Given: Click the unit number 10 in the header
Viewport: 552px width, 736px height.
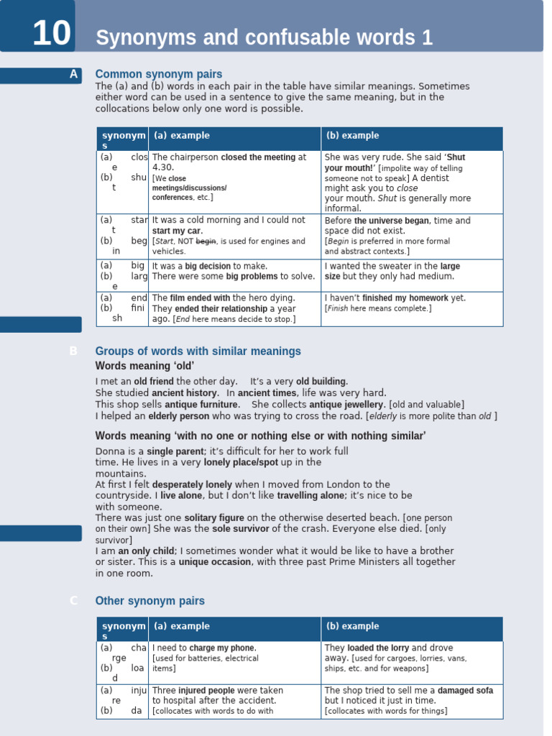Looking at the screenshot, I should [52, 34].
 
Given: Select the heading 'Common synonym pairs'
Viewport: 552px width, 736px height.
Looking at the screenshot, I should [159, 74].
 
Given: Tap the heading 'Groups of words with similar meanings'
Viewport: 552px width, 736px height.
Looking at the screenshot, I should [198, 351].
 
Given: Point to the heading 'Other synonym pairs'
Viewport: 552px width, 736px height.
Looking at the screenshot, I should [149, 601].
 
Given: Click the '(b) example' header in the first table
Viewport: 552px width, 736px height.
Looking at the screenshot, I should [352, 136].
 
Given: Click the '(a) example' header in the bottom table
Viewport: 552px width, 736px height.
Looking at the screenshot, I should [181, 627].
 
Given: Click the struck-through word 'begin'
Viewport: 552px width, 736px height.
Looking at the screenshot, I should [206, 241].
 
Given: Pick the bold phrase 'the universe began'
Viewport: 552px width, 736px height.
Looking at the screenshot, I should [392, 221].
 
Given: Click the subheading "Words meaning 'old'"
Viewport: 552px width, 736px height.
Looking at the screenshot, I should [134, 366].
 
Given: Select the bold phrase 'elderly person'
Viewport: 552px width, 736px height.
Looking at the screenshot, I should [179, 416].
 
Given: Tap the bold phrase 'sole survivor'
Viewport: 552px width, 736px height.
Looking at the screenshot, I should [241, 529].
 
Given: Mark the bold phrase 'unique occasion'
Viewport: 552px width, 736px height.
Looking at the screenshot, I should [215, 562].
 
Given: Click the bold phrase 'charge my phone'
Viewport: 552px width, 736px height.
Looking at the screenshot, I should [222, 648].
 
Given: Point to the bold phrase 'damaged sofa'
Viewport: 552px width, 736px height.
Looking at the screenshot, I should [466, 691].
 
